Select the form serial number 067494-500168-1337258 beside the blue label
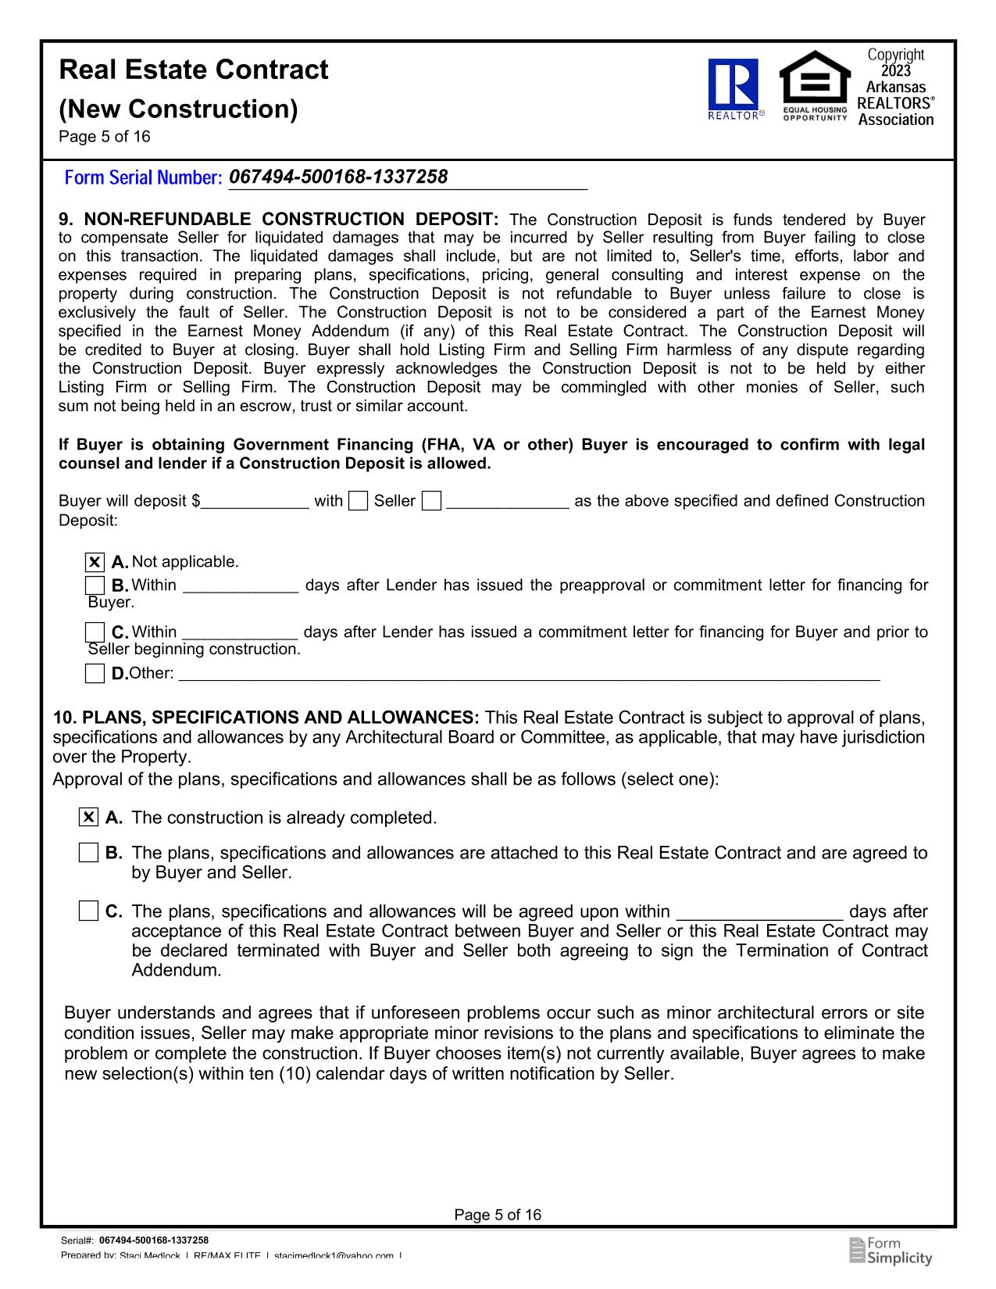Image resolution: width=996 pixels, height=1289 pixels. pyautogui.click(x=338, y=177)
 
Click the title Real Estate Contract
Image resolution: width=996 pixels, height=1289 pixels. pyautogui.click(x=194, y=70)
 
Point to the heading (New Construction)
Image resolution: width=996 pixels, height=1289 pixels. pyautogui.click(x=179, y=109)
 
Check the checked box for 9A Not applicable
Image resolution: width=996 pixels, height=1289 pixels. pyautogui.click(x=95, y=562)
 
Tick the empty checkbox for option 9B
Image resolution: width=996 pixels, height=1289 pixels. pyautogui.click(x=95, y=585)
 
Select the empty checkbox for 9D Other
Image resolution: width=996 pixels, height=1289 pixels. pyautogui.click(x=95, y=673)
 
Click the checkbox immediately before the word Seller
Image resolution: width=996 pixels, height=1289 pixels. pyautogui.click(x=359, y=501)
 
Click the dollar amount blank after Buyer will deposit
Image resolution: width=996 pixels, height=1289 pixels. pyautogui.click(x=255, y=502)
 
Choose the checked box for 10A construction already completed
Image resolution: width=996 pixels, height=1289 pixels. pyautogui.click(x=89, y=818)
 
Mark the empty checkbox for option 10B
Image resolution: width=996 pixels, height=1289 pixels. pyautogui.click(x=89, y=853)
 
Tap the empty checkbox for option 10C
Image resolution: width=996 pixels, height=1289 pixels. pyautogui.click(x=89, y=911)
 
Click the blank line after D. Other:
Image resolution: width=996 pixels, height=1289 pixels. pyautogui.click(x=529, y=674)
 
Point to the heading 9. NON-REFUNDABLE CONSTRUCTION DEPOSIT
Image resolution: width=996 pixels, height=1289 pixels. pyautogui.click(x=279, y=220)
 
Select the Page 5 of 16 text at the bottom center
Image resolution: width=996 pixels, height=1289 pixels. pyautogui.click(x=498, y=1215)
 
